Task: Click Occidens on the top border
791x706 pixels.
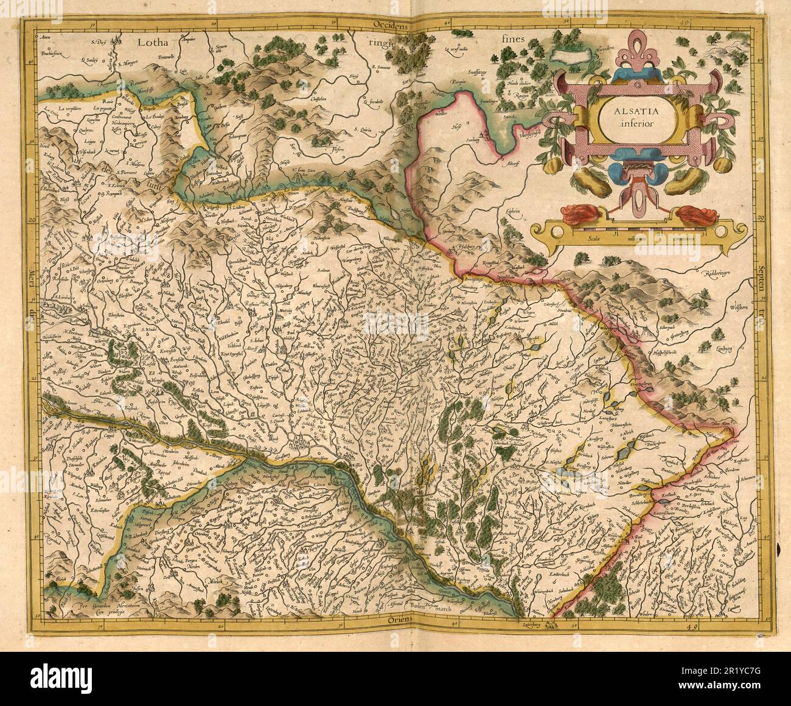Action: pos(395,25)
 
